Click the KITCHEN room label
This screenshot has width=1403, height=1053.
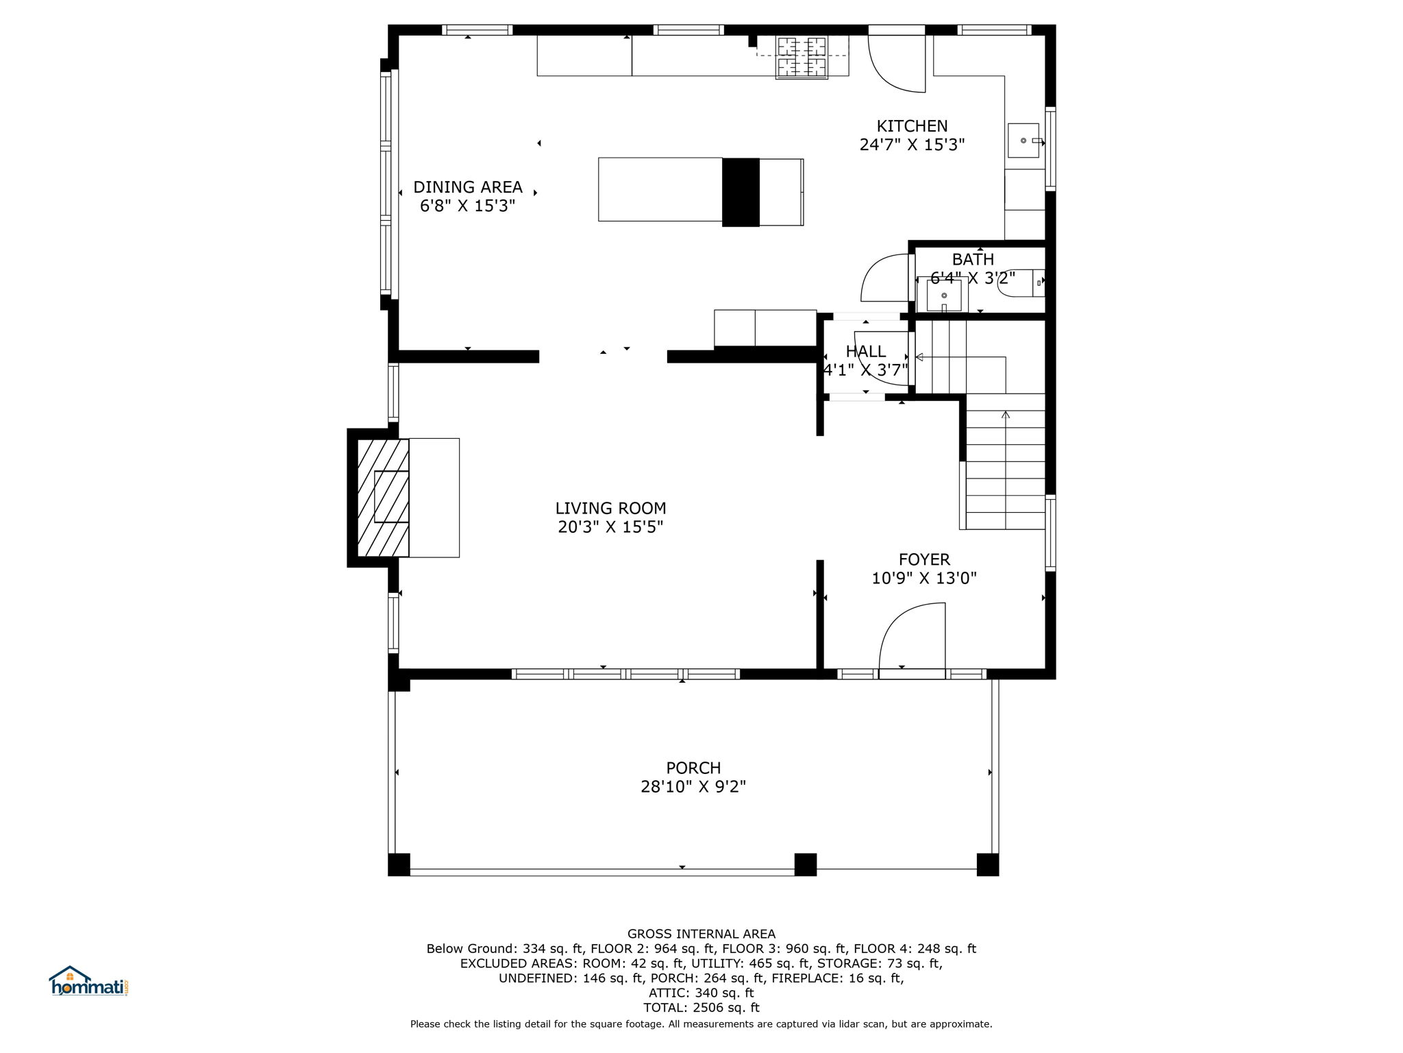pyautogui.click(x=912, y=126)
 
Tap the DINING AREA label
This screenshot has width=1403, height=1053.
pyautogui.click(x=468, y=187)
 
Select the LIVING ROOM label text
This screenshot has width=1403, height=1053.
pyautogui.click(x=610, y=508)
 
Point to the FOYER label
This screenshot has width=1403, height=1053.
pyautogui.click(x=924, y=559)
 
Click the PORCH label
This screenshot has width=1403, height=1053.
pyautogui.click(x=693, y=768)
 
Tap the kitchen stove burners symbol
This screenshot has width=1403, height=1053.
pyautogui.click(x=802, y=57)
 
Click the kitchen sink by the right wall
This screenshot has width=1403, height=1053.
pyautogui.click(x=1024, y=141)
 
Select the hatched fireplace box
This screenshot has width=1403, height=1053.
pyautogui.click(x=383, y=498)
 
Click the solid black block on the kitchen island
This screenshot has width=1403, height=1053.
pyautogui.click(x=741, y=192)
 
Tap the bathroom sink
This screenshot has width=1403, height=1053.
pyautogui.click(x=944, y=295)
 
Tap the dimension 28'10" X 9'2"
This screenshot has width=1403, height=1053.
pyautogui.click(x=693, y=787)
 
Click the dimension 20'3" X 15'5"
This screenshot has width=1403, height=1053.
pyautogui.click(x=610, y=527)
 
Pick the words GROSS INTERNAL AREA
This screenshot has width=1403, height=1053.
pyautogui.click(x=701, y=934)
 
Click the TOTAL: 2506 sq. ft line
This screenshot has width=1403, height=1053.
pyautogui.click(x=701, y=1008)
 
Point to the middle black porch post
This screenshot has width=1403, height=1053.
pyautogui.click(x=806, y=864)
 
